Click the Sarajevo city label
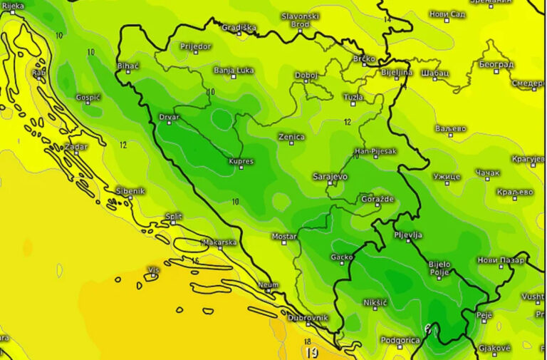pos(330,175)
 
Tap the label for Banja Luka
pos(234,71)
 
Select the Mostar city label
pos(284,236)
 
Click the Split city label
pos(173,215)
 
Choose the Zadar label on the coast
pos(76,147)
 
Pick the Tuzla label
pos(353,97)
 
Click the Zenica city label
pos(291,137)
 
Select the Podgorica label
pos(400,340)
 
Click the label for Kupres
pos(241,161)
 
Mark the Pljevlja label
pos(409,235)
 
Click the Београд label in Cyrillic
pos(496,64)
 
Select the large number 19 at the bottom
pos(311,352)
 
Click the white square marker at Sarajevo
pos(330,183)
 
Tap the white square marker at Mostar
pos(283,243)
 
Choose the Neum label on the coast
pos(269,284)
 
